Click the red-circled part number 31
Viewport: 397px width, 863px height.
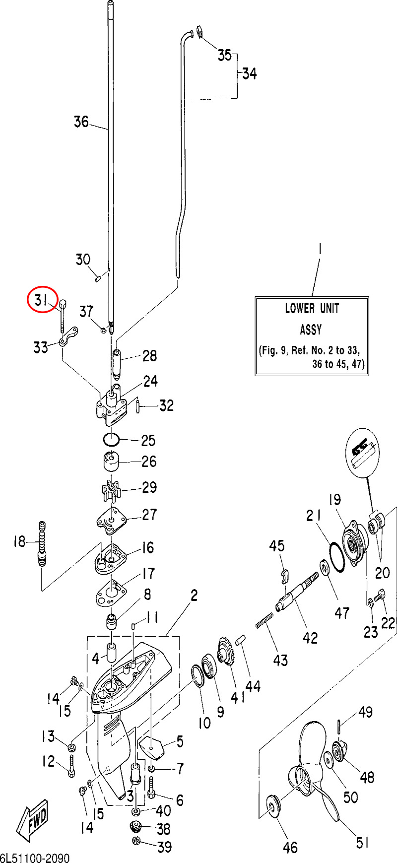pyautogui.click(x=42, y=299)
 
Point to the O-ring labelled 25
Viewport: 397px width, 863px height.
pyautogui.click(x=111, y=439)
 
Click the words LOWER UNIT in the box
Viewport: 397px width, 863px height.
pyautogui.click(x=312, y=308)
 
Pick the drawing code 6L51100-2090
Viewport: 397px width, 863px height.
pyautogui.click(x=35, y=858)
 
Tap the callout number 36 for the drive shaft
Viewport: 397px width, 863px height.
pyautogui.click(x=81, y=122)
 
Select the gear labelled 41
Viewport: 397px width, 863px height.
pyautogui.click(x=226, y=652)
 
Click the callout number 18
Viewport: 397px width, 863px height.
pyautogui.click(x=19, y=541)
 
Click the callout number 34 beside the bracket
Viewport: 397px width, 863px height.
pyautogui.click(x=249, y=73)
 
